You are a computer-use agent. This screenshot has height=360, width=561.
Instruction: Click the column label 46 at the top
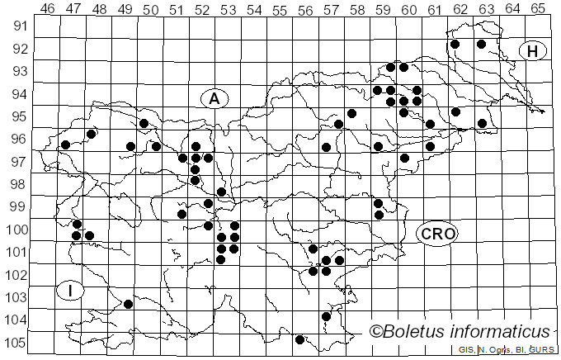coord(48,9)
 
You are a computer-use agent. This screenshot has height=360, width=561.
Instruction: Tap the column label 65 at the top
coord(538,9)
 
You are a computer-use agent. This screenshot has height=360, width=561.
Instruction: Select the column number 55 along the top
coord(280,9)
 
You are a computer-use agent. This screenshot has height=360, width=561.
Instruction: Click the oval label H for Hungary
coord(533,51)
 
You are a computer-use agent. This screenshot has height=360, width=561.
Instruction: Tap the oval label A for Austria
coord(214,99)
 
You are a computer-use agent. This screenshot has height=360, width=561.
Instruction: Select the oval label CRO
coord(436,234)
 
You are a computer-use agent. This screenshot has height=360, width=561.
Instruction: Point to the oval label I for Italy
coord(72,290)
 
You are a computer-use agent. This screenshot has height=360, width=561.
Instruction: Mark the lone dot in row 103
coord(129,304)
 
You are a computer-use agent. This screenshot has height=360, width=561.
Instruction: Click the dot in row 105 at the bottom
coord(300,339)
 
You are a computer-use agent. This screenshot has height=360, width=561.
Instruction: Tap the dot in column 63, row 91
coord(482,45)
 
